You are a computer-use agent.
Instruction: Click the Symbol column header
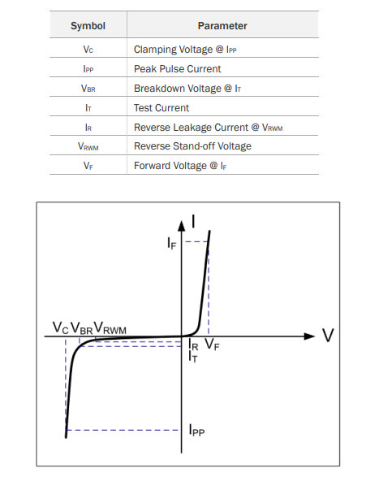(x=88, y=26)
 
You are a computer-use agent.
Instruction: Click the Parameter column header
(x=222, y=26)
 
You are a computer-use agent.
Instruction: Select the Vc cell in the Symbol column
(x=88, y=50)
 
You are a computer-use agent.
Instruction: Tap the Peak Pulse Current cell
(x=177, y=69)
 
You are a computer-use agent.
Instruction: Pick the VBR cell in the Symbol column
(x=88, y=89)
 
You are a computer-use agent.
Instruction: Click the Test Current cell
(x=161, y=108)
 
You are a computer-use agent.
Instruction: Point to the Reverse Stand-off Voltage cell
(x=192, y=146)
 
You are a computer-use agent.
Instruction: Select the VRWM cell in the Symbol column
(x=88, y=146)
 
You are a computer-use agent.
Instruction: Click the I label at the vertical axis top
(x=193, y=222)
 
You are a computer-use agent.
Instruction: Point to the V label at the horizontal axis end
(x=328, y=335)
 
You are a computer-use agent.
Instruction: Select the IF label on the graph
(x=172, y=243)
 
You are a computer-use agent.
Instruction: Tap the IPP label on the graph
(x=196, y=430)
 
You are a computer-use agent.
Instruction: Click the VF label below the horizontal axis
(x=212, y=344)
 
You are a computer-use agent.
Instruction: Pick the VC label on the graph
(x=60, y=328)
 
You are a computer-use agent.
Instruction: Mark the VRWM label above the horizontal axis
(x=110, y=328)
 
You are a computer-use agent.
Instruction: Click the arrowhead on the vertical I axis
(x=182, y=226)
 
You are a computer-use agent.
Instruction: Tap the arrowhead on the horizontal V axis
(x=309, y=336)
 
